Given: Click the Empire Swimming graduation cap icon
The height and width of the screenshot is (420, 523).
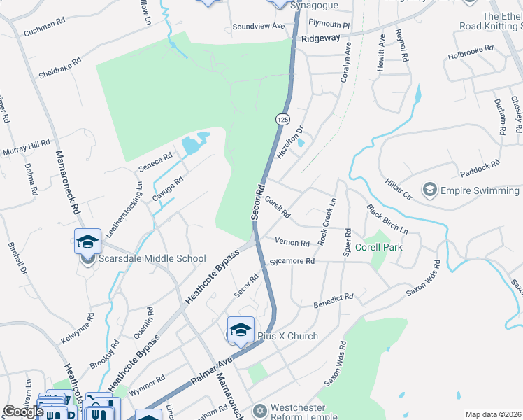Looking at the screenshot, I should [x=429, y=190].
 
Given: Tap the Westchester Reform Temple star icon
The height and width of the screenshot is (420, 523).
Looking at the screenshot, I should [x=259, y=409].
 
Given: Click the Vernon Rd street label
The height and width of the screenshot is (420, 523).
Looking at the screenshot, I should [x=292, y=242].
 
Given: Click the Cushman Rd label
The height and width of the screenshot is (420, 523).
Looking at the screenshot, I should [x=45, y=32].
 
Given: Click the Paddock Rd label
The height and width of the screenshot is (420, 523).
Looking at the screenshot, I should [x=480, y=168].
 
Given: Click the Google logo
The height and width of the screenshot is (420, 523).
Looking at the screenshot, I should [x=23, y=412].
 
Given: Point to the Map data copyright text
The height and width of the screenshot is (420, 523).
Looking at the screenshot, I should [x=493, y=414].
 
